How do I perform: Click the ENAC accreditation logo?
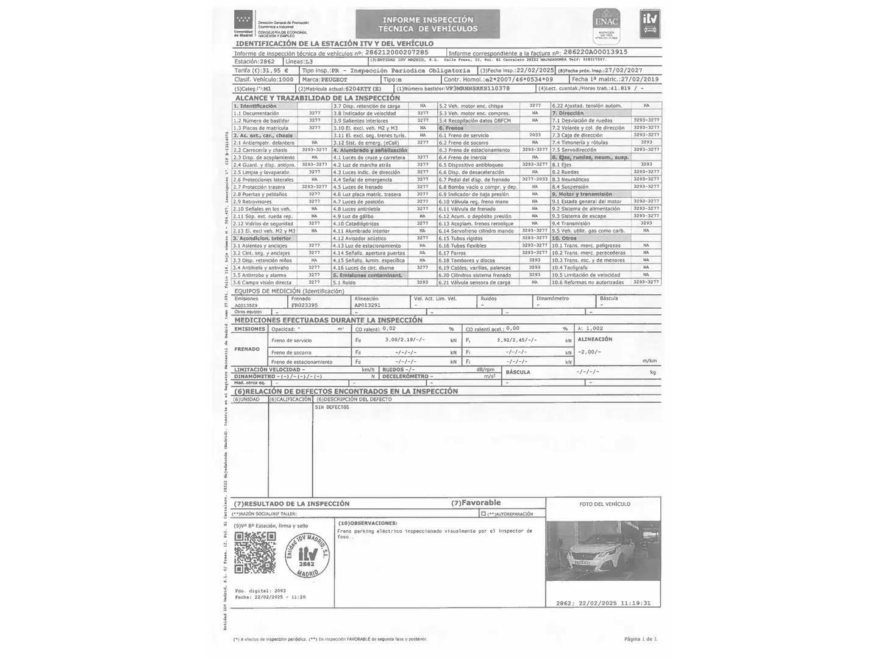coord(606,24)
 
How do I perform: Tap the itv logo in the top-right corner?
coord(649,24)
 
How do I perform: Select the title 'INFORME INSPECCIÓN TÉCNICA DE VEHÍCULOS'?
coord(427,24)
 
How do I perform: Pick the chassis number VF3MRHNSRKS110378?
coord(477,88)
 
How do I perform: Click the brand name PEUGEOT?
coord(334,79)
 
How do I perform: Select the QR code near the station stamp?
coord(255,552)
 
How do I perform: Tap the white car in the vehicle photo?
coord(590,555)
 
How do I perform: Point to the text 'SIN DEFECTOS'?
coord(332,407)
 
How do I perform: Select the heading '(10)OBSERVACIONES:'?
coord(366,523)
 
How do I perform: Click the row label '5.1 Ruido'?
coord(344,283)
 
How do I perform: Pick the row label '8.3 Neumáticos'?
coord(570,179)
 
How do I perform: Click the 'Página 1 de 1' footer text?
coord(640,639)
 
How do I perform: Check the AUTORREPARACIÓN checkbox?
coord(484,514)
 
